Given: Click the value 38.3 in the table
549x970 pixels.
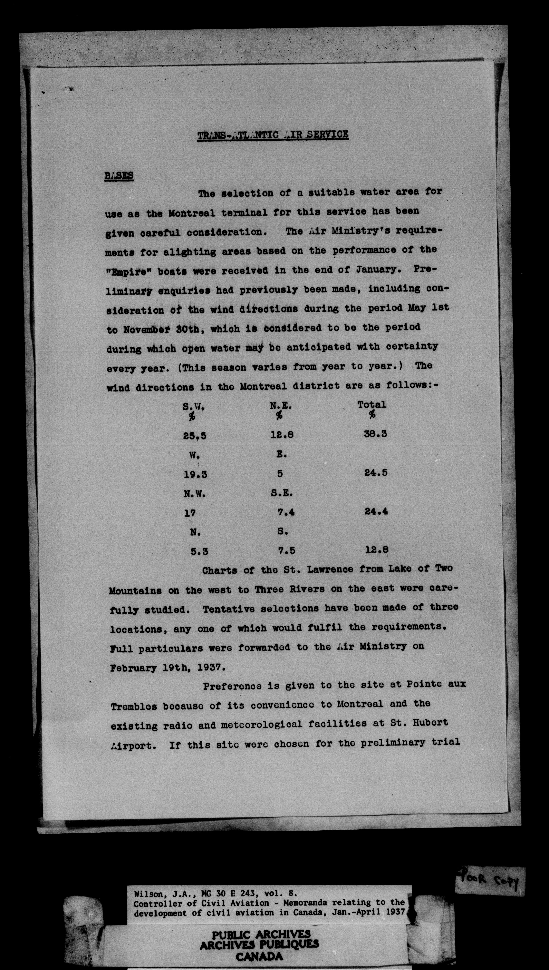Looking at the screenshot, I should click(376, 434).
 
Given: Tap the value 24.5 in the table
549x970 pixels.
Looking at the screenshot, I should click(376, 473).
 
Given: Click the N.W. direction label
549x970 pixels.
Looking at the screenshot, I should click(195, 494).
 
